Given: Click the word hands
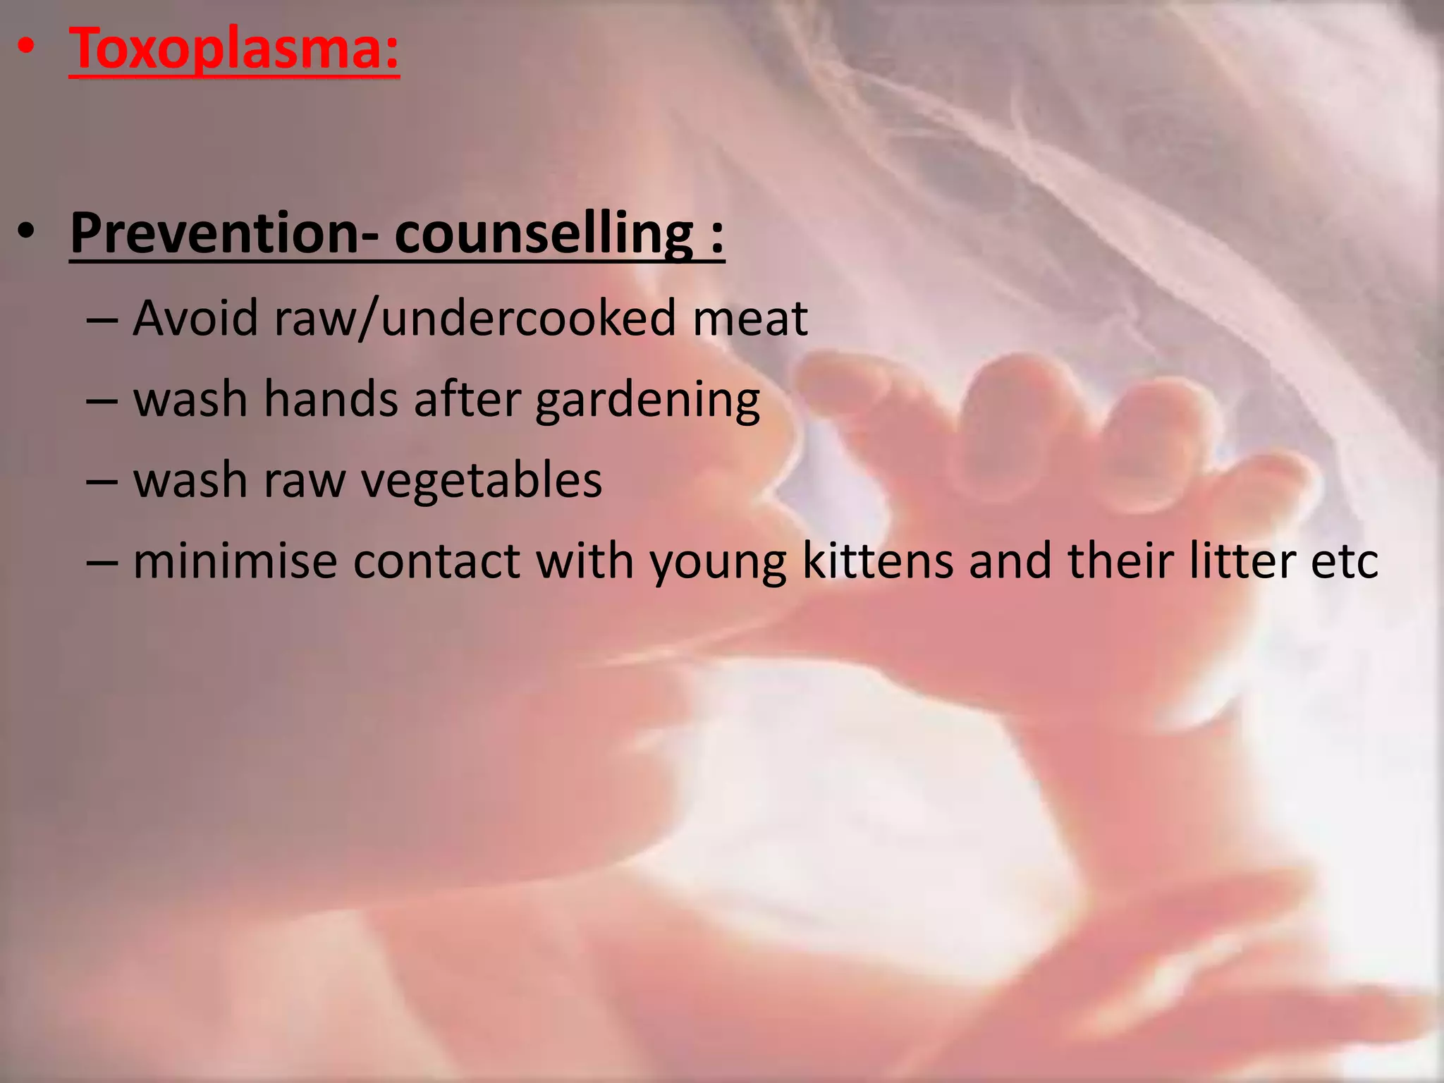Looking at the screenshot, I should click(x=331, y=400).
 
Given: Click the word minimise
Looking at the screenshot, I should click(x=235, y=561).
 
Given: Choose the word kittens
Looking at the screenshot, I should click(x=878, y=561).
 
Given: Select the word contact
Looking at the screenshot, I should click(x=436, y=562).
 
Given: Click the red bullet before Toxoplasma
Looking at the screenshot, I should click(x=26, y=48).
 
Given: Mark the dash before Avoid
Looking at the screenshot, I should click(x=102, y=321).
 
